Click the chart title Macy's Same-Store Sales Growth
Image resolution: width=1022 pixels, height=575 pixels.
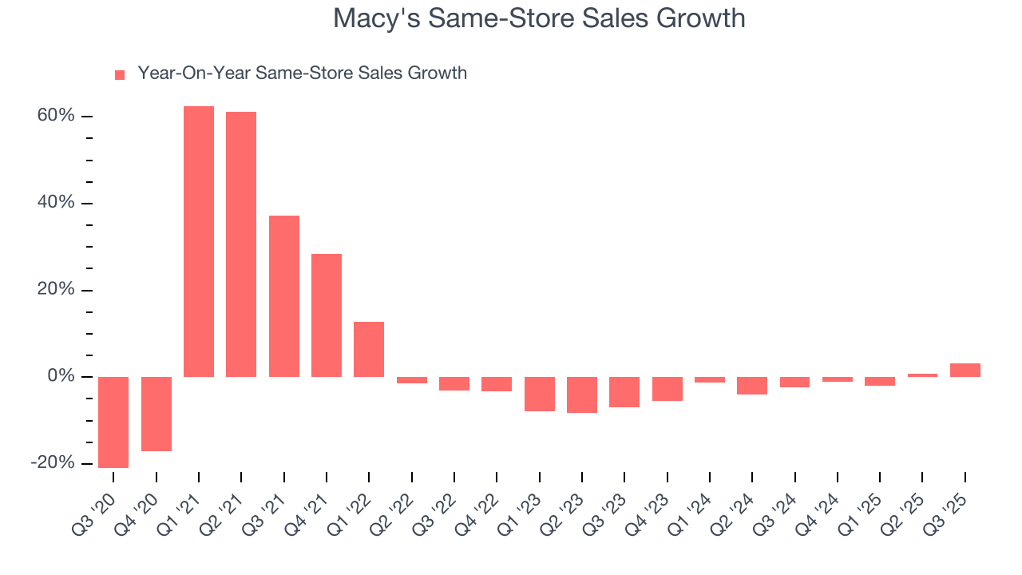[539, 18]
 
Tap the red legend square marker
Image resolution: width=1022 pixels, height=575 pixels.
[120, 74]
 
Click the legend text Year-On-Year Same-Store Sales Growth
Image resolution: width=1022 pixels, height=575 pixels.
[302, 73]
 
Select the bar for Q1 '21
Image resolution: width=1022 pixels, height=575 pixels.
[199, 241]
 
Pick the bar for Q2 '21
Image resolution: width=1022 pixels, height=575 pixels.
[241, 244]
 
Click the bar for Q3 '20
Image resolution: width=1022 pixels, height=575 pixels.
[113, 422]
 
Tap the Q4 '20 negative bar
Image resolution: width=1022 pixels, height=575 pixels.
[156, 414]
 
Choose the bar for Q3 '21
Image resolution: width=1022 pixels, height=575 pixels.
[284, 296]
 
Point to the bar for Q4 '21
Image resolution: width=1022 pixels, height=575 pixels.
[327, 315]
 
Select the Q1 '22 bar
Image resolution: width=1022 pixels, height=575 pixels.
[369, 349]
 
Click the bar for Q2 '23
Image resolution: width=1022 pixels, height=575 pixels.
[582, 395]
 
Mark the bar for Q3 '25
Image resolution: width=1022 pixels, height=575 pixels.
[965, 370]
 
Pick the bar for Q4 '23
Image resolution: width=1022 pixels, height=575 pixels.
[667, 388]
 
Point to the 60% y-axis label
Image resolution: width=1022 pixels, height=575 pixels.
[55, 117]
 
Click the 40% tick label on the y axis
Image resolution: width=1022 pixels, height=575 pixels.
[55, 203]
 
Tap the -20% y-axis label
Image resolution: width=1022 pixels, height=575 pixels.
[53, 463]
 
